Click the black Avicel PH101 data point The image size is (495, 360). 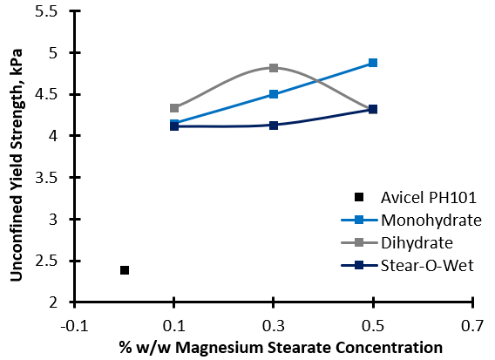(x=125, y=270)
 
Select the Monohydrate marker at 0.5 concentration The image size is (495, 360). (x=373, y=63)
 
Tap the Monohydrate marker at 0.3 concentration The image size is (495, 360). (x=274, y=94)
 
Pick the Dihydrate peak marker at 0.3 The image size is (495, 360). (x=274, y=68)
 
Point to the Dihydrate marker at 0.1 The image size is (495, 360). (x=174, y=108)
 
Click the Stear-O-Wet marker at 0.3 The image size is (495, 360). (x=274, y=126)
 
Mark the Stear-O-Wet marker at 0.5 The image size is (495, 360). (x=373, y=109)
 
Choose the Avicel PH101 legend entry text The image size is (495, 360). (x=429, y=198)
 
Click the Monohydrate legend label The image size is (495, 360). (x=431, y=221)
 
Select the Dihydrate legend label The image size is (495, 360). (x=417, y=243)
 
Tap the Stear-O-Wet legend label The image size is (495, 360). (x=427, y=266)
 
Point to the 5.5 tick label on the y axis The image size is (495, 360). (x=46, y=11)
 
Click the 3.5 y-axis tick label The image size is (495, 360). (x=46, y=178)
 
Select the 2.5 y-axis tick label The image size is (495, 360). (x=46, y=262)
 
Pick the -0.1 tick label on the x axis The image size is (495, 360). (x=74, y=326)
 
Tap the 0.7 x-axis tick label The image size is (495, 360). (x=472, y=326)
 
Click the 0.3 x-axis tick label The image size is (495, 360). (x=274, y=326)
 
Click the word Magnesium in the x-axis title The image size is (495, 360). (x=219, y=348)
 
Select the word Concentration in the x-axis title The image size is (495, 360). (x=389, y=348)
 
